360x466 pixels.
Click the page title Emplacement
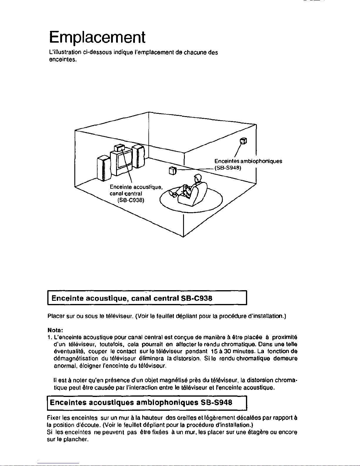tap(97, 37)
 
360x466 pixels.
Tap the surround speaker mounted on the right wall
tap(243, 141)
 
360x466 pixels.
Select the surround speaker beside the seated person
tap(173, 171)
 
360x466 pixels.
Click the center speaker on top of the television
tap(119, 148)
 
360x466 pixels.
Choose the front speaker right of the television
tap(138, 156)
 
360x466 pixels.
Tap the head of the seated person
tap(198, 178)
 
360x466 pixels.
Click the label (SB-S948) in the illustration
tap(228, 168)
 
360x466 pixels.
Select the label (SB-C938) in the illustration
tap(131, 200)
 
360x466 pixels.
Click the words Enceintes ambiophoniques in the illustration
tap(248, 161)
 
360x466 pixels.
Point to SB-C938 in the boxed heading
tap(197, 298)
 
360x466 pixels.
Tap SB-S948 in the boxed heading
tap(216, 402)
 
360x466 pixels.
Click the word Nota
tap(55, 330)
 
